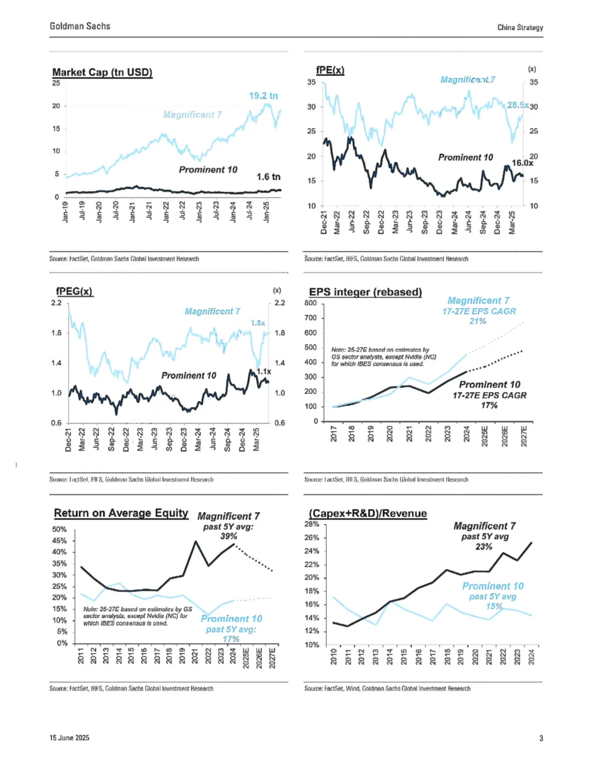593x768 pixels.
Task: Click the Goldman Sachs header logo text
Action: click(x=80, y=26)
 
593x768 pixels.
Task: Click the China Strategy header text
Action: click(x=520, y=27)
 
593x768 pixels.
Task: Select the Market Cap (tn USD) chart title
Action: click(x=102, y=72)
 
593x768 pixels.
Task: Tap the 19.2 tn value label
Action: click(x=263, y=96)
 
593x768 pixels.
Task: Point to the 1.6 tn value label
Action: click(x=268, y=176)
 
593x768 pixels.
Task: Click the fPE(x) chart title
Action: click(x=330, y=70)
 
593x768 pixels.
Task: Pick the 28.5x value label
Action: click(x=517, y=105)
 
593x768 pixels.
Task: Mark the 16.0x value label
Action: click(x=522, y=163)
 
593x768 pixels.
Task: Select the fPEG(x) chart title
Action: click(x=74, y=291)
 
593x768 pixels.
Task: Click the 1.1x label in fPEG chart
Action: click(x=264, y=371)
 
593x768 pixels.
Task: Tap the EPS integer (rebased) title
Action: click(x=365, y=292)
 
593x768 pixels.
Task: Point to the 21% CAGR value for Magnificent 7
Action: click(x=478, y=321)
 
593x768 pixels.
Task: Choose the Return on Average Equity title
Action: click(x=121, y=513)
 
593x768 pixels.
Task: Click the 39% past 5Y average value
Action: click(x=228, y=536)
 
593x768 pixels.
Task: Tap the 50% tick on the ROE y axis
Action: click(x=59, y=529)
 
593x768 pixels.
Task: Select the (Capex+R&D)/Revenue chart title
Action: click(x=368, y=513)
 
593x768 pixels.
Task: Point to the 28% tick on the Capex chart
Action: click(x=312, y=524)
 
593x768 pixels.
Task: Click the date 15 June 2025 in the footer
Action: click(x=69, y=738)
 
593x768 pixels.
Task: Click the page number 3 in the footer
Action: click(x=541, y=738)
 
